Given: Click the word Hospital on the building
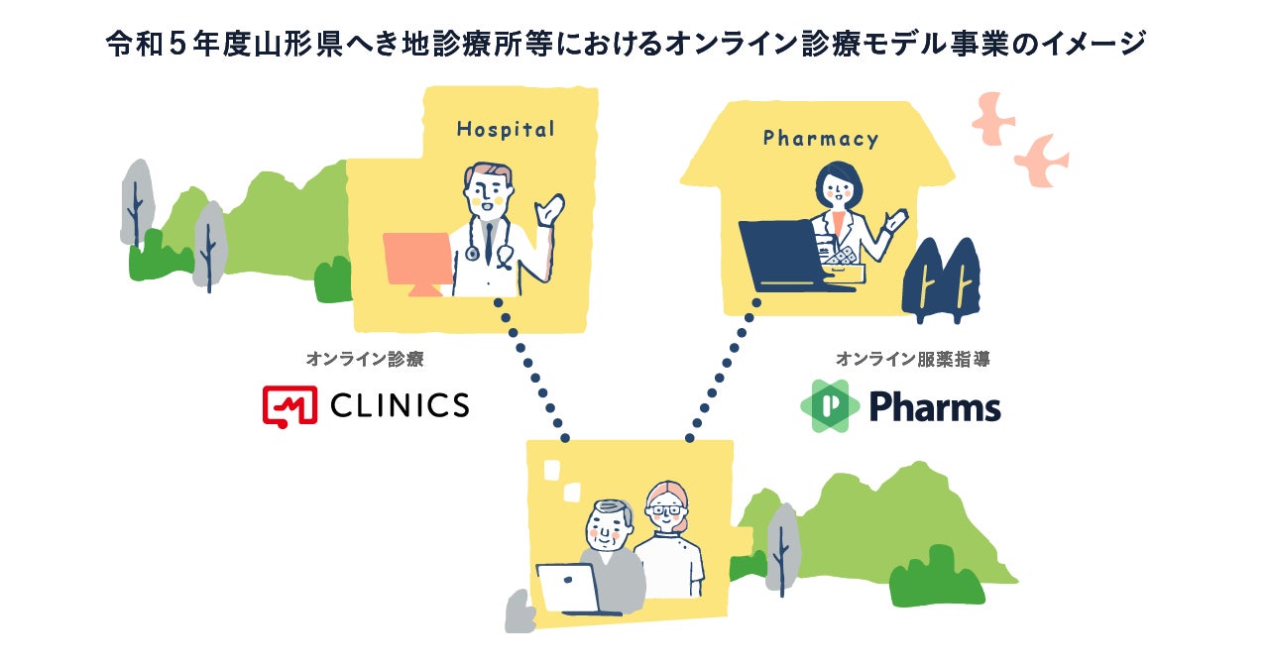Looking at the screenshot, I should (505, 129).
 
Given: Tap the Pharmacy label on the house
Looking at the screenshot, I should (820, 139).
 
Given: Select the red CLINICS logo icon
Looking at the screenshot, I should (288, 405).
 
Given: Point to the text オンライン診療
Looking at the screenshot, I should (364, 359).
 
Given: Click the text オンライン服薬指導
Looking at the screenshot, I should (912, 359).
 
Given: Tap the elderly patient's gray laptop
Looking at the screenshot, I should (568, 589).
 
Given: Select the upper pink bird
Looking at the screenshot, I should (992, 117).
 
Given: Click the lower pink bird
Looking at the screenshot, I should (1040, 161).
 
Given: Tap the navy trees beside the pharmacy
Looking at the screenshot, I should (941, 281).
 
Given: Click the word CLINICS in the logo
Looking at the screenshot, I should (399, 404).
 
